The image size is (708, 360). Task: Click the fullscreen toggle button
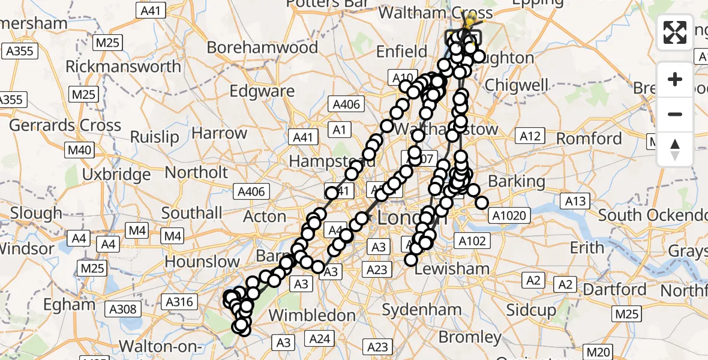[675, 32]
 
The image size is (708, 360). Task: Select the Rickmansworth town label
[123, 66]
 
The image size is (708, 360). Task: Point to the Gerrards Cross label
[65, 126]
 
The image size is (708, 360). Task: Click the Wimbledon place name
[312, 315]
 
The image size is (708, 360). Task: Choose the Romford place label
[589, 139]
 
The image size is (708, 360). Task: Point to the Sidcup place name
[530, 310]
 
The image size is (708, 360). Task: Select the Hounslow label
[202, 262]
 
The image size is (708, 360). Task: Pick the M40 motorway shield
[78, 150]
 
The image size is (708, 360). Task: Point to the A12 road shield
[530, 137]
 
